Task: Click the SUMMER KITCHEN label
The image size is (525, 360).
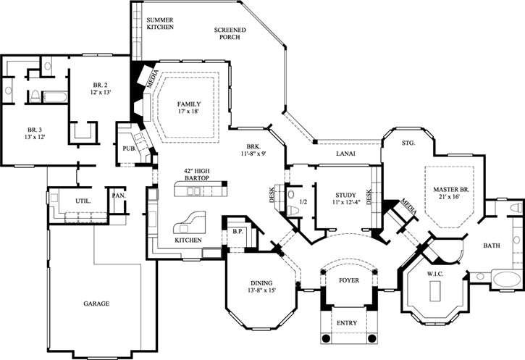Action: coord(159,22)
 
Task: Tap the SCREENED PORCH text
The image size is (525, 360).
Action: coord(230,33)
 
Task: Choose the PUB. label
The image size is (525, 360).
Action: coord(130,148)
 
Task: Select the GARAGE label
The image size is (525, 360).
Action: coord(95,304)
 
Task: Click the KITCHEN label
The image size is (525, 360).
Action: coord(188,240)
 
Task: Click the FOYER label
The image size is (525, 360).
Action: coord(349,280)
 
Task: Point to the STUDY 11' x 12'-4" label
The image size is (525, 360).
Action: coord(343,198)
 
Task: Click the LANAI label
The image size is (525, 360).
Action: coord(345,154)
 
